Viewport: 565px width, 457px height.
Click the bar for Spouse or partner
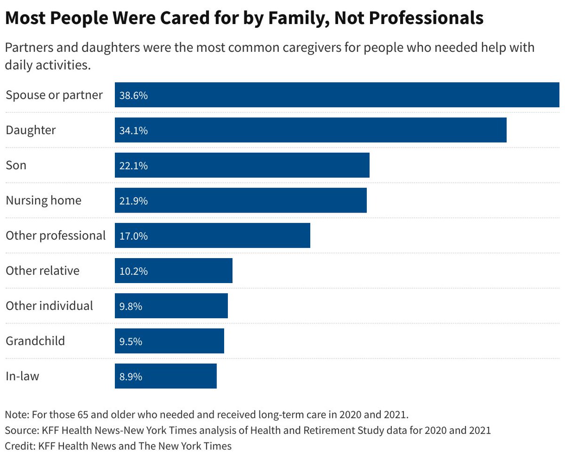[x=337, y=95]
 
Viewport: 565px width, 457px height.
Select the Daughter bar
[x=311, y=130]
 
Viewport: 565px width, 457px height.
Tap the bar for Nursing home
[x=241, y=200]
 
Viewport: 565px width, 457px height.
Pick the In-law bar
[x=166, y=376]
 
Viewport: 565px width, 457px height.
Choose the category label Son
[x=16, y=165]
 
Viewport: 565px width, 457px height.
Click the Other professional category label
[x=56, y=236]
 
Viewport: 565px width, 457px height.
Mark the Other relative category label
[x=42, y=271]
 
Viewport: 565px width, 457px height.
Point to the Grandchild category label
[x=35, y=341]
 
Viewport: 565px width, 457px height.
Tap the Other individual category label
[x=49, y=306]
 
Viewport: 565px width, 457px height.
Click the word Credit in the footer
[x=18, y=445]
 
